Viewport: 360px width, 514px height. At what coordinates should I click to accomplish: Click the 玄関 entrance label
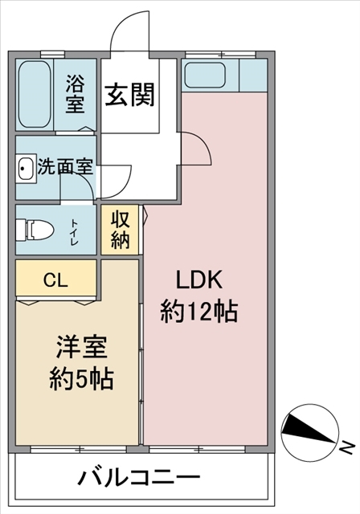pos(130,95)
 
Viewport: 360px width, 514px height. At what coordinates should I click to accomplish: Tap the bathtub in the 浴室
pos(35,94)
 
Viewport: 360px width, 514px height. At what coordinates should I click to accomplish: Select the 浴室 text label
pos(75,94)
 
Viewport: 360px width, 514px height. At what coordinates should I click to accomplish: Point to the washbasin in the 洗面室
pos(26,169)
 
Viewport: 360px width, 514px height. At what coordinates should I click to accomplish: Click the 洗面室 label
pos(66,166)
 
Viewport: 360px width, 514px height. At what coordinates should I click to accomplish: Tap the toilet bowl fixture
pos(35,230)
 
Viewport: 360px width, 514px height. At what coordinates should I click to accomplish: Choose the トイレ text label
pos(75,232)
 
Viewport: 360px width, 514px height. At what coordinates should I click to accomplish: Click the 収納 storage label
pos(120,230)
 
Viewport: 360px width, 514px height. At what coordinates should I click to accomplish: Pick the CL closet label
pos(55,280)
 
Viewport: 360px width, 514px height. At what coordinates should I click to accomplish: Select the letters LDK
pos(199,280)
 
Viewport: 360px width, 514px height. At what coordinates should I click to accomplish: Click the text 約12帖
pos(198,312)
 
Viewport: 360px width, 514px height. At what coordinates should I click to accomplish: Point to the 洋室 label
pos(82,346)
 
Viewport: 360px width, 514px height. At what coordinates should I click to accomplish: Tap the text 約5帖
pos(82,379)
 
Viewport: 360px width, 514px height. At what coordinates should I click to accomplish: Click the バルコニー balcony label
pos(139,477)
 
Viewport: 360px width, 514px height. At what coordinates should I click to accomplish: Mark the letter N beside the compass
pos(347,448)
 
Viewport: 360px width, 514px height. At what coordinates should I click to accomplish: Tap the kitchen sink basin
pos(205,75)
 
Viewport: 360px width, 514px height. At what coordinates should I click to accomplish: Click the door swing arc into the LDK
pos(202,145)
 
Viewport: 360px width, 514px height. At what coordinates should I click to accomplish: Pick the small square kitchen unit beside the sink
pos(253,75)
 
